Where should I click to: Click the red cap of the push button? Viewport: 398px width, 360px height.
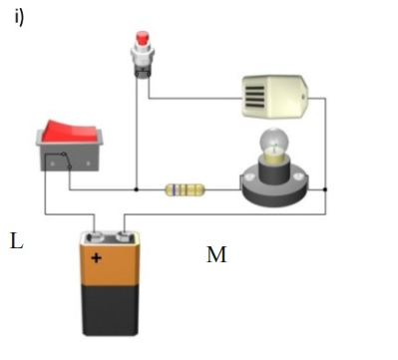(143, 38)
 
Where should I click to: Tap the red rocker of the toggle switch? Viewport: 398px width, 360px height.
(71, 131)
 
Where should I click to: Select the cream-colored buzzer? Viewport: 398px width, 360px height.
(275, 97)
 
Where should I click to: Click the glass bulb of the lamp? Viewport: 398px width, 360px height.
(274, 144)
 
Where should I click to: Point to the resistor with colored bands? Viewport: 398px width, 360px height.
(185, 189)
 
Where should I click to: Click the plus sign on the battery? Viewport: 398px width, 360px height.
(96, 257)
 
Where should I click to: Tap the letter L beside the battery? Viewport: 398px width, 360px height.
(17, 241)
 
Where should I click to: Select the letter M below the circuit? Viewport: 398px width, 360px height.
(216, 254)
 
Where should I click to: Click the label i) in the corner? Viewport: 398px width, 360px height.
(19, 17)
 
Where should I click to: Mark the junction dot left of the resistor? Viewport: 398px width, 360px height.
(136, 189)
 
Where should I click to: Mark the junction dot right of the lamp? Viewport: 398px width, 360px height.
(325, 189)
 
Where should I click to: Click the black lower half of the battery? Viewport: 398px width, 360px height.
(110, 310)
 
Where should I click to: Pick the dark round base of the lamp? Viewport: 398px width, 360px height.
(274, 188)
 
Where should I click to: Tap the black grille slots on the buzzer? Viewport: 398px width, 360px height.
(255, 97)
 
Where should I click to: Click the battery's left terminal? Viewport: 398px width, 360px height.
(95, 237)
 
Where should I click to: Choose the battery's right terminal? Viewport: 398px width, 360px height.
(125, 237)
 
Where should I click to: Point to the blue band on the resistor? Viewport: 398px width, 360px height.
(174, 189)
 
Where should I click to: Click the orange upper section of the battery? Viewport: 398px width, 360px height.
(110, 264)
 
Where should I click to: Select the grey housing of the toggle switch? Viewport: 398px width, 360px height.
(69, 157)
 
